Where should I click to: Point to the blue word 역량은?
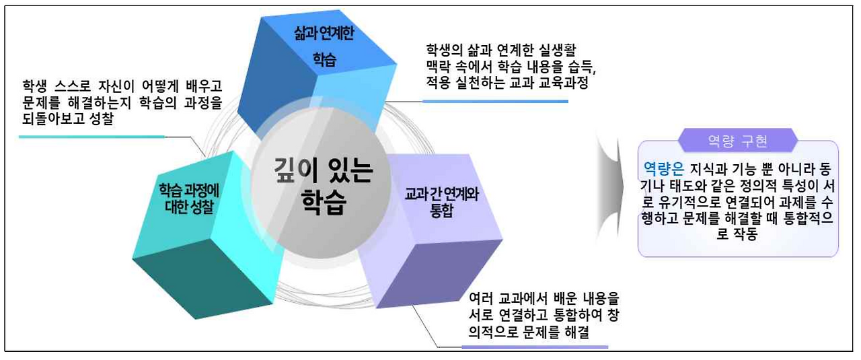pyautogui.click(x=663, y=166)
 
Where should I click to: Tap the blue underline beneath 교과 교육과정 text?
pyautogui.click(x=495, y=101)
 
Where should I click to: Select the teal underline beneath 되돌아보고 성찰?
pyautogui.click(x=91, y=137)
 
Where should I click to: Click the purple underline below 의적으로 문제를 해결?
pyautogui.click(x=535, y=347)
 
